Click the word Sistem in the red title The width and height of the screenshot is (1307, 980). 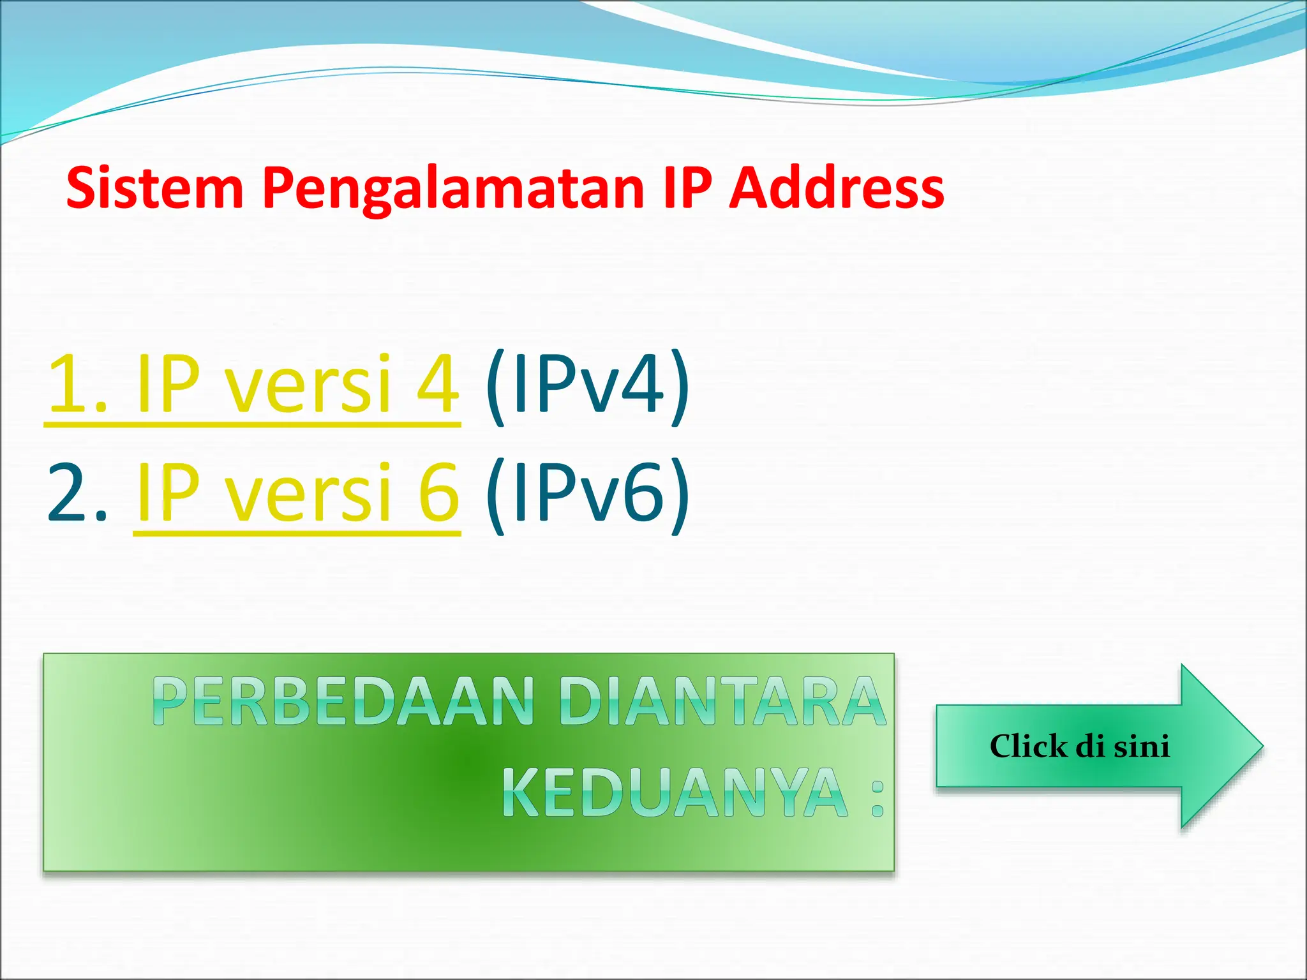(155, 188)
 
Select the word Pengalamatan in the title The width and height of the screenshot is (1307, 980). (453, 189)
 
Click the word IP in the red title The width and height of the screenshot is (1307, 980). (687, 188)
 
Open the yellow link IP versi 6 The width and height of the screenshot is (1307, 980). (297, 493)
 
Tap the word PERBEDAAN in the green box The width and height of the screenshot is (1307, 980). (344, 702)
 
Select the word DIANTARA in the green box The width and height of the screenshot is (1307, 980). (723, 702)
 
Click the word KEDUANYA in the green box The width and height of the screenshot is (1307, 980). (675, 793)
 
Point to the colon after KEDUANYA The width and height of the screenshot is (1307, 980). (878, 798)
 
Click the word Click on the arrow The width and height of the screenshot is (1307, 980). (1027, 746)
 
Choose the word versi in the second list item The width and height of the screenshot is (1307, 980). (310, 493)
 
